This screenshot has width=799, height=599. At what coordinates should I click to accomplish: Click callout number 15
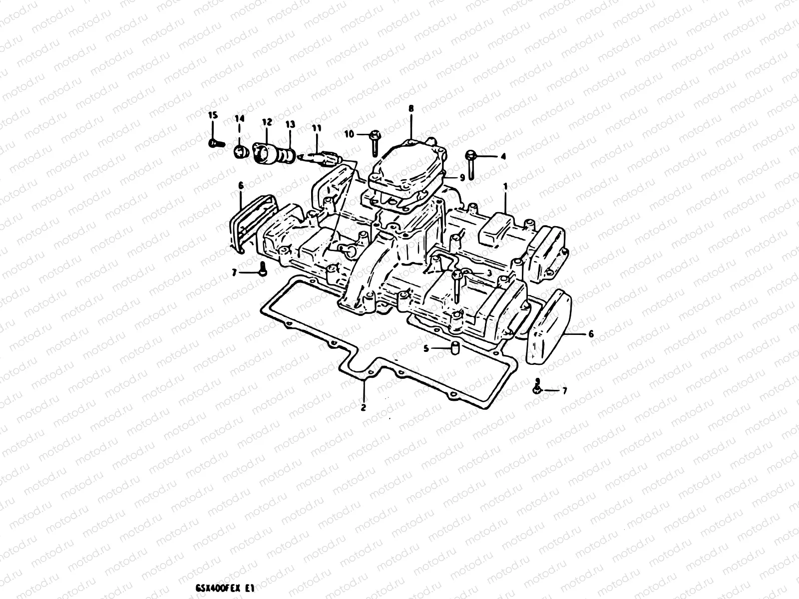[x=213, y=115]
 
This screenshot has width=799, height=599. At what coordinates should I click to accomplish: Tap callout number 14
[x=239, y=118]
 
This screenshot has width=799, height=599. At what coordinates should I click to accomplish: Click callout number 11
[x=316, y=128]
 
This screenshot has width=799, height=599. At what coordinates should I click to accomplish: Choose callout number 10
[x=349, y=134]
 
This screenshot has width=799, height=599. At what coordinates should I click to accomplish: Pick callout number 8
[x=411, y=108]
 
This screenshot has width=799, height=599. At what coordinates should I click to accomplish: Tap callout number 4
[x=503, y=156]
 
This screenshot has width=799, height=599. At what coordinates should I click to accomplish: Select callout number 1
[x=505, y=185]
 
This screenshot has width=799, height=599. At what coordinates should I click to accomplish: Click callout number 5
[x=426, y=349]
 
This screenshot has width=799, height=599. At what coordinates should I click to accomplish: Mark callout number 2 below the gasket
[x=364, y=407]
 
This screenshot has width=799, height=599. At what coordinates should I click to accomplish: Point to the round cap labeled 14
[x=240, y=151]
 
